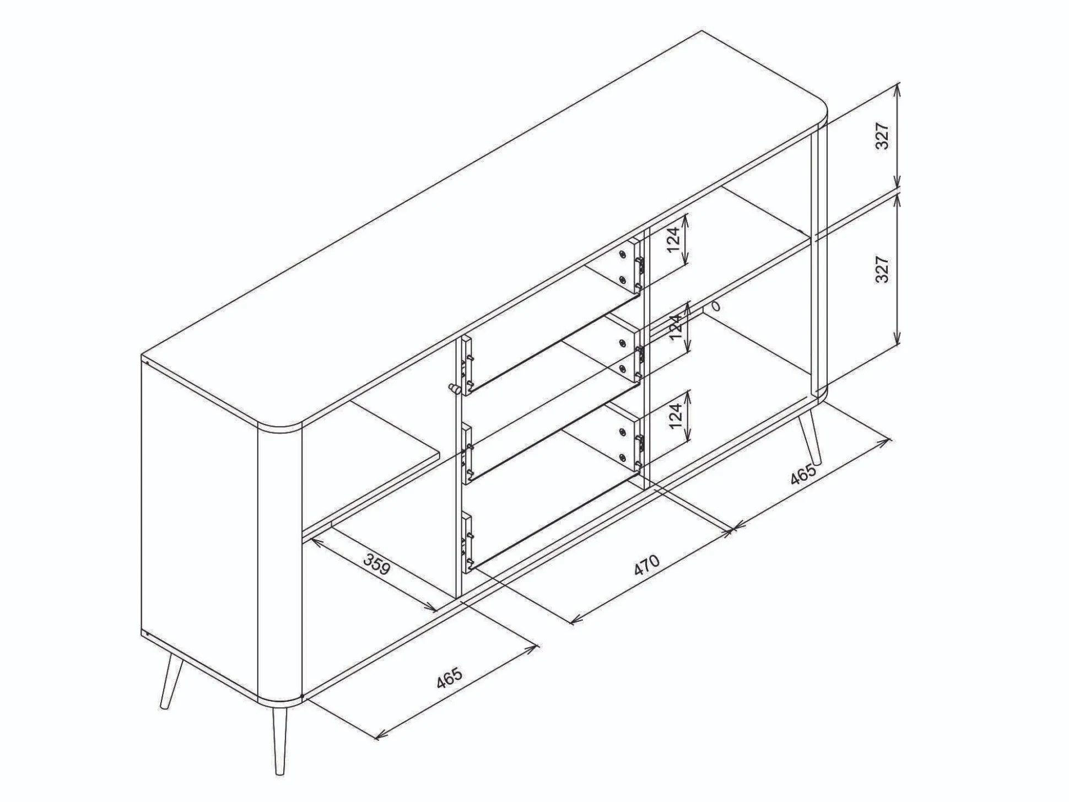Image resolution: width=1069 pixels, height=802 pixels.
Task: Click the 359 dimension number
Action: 378,563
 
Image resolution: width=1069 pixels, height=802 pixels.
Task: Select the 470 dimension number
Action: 646,566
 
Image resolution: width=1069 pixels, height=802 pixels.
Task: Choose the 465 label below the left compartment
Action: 449,678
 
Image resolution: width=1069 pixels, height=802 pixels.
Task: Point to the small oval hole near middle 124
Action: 716,306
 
